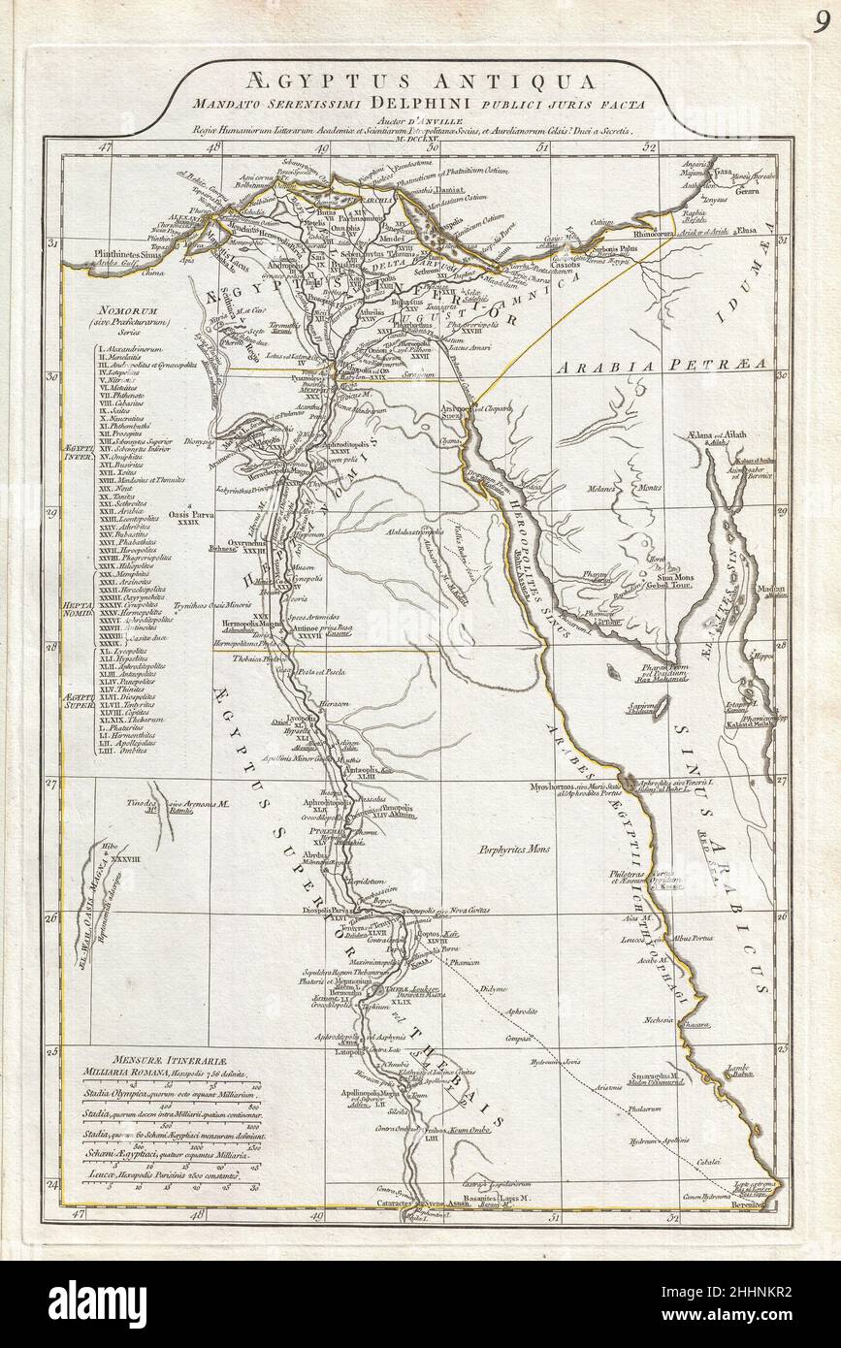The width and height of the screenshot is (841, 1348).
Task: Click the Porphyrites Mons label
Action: click(x=514, y=850)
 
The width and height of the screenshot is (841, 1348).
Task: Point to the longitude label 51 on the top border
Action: click(x=543, y=147)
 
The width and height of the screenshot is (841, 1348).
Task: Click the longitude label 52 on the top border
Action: click(x=650, y=147)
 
